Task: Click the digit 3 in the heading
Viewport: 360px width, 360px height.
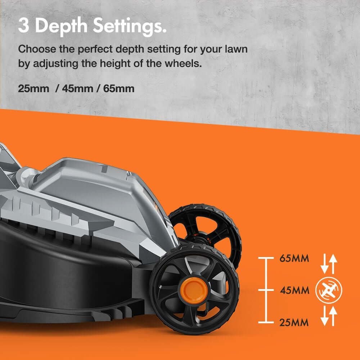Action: click(x=24, y=25)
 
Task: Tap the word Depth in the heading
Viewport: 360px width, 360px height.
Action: click(x=61, y=27)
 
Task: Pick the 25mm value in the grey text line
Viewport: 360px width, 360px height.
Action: click(x=33, y=89)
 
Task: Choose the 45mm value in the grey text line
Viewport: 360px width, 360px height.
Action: click(x=77, y=89)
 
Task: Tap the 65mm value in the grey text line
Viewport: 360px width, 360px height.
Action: click(x=119, y=89)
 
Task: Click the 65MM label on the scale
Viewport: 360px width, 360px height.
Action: click(x=294, y=258)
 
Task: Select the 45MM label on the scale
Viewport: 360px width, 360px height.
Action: click(x=294, y=291)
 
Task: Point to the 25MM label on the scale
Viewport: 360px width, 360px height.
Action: click(x=294, y=323)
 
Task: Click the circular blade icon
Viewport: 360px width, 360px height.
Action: click(x=329, y=290)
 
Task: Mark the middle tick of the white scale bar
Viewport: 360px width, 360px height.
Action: click(x=266, y=290)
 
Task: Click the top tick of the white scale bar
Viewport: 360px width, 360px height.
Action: click(x=266, y=258)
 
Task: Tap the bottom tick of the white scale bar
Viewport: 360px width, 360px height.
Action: click(x=266, y=322)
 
